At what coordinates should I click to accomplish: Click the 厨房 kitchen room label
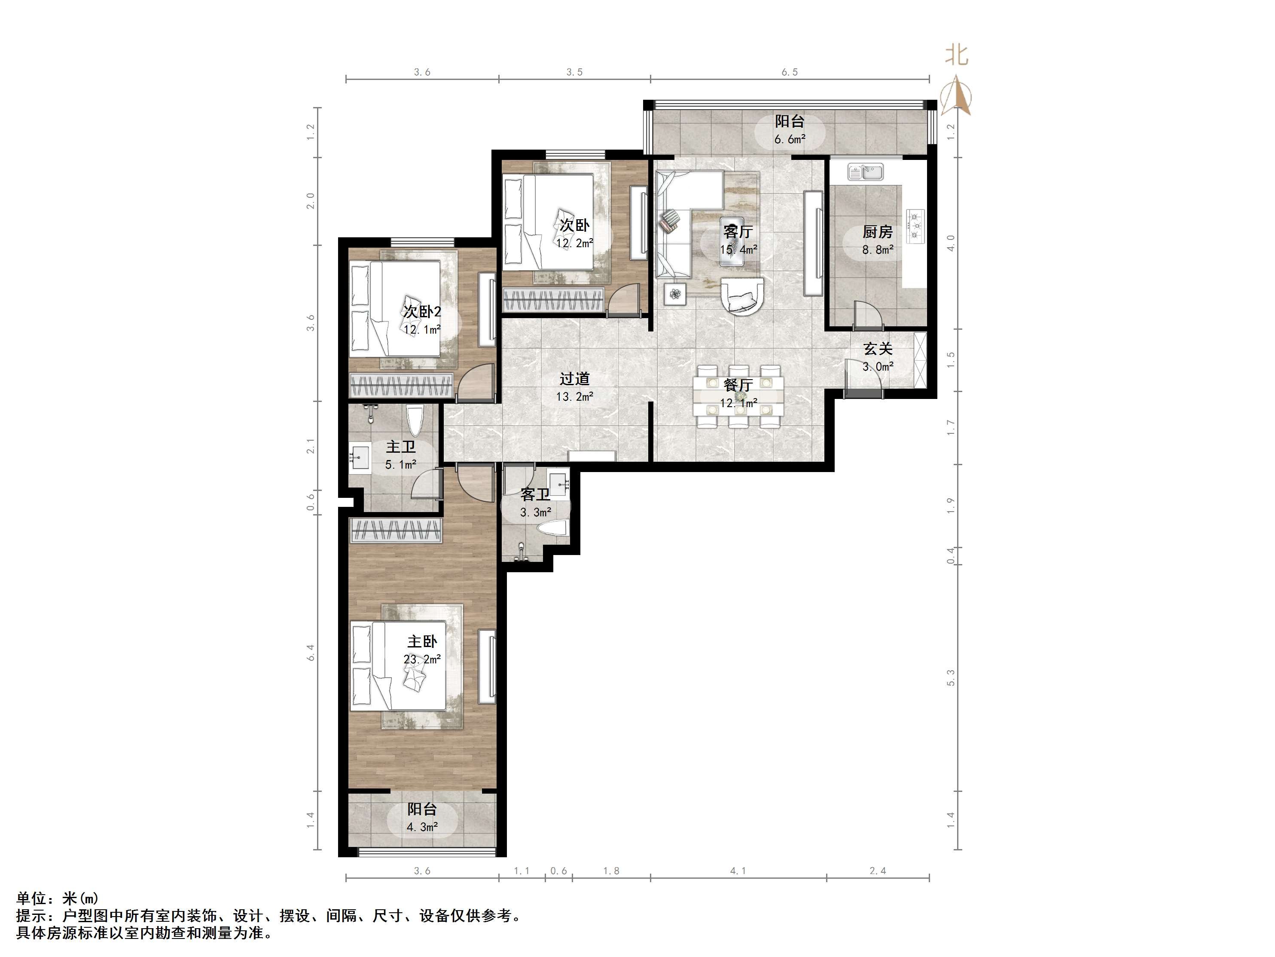[x=877, y=232]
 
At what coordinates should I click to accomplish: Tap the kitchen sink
[x=866, y=172]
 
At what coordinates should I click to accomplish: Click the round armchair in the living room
[x=743, y=295]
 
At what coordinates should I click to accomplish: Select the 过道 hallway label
[x=575, y=379]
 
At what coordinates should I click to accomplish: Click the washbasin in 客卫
[x=558, y=483]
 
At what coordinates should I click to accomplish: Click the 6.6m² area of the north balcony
[x=790, y=139]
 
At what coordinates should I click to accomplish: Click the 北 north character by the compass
[x=957, y=55]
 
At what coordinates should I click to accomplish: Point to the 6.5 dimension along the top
[x=790, y=72]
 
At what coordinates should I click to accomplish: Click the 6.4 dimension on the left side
[x=311, y=653]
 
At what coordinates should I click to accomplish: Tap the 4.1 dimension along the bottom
[x=738, y=871]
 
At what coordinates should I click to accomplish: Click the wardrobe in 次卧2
[x=402, y=385]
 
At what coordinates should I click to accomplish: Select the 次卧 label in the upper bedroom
[x=575, y=225]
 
